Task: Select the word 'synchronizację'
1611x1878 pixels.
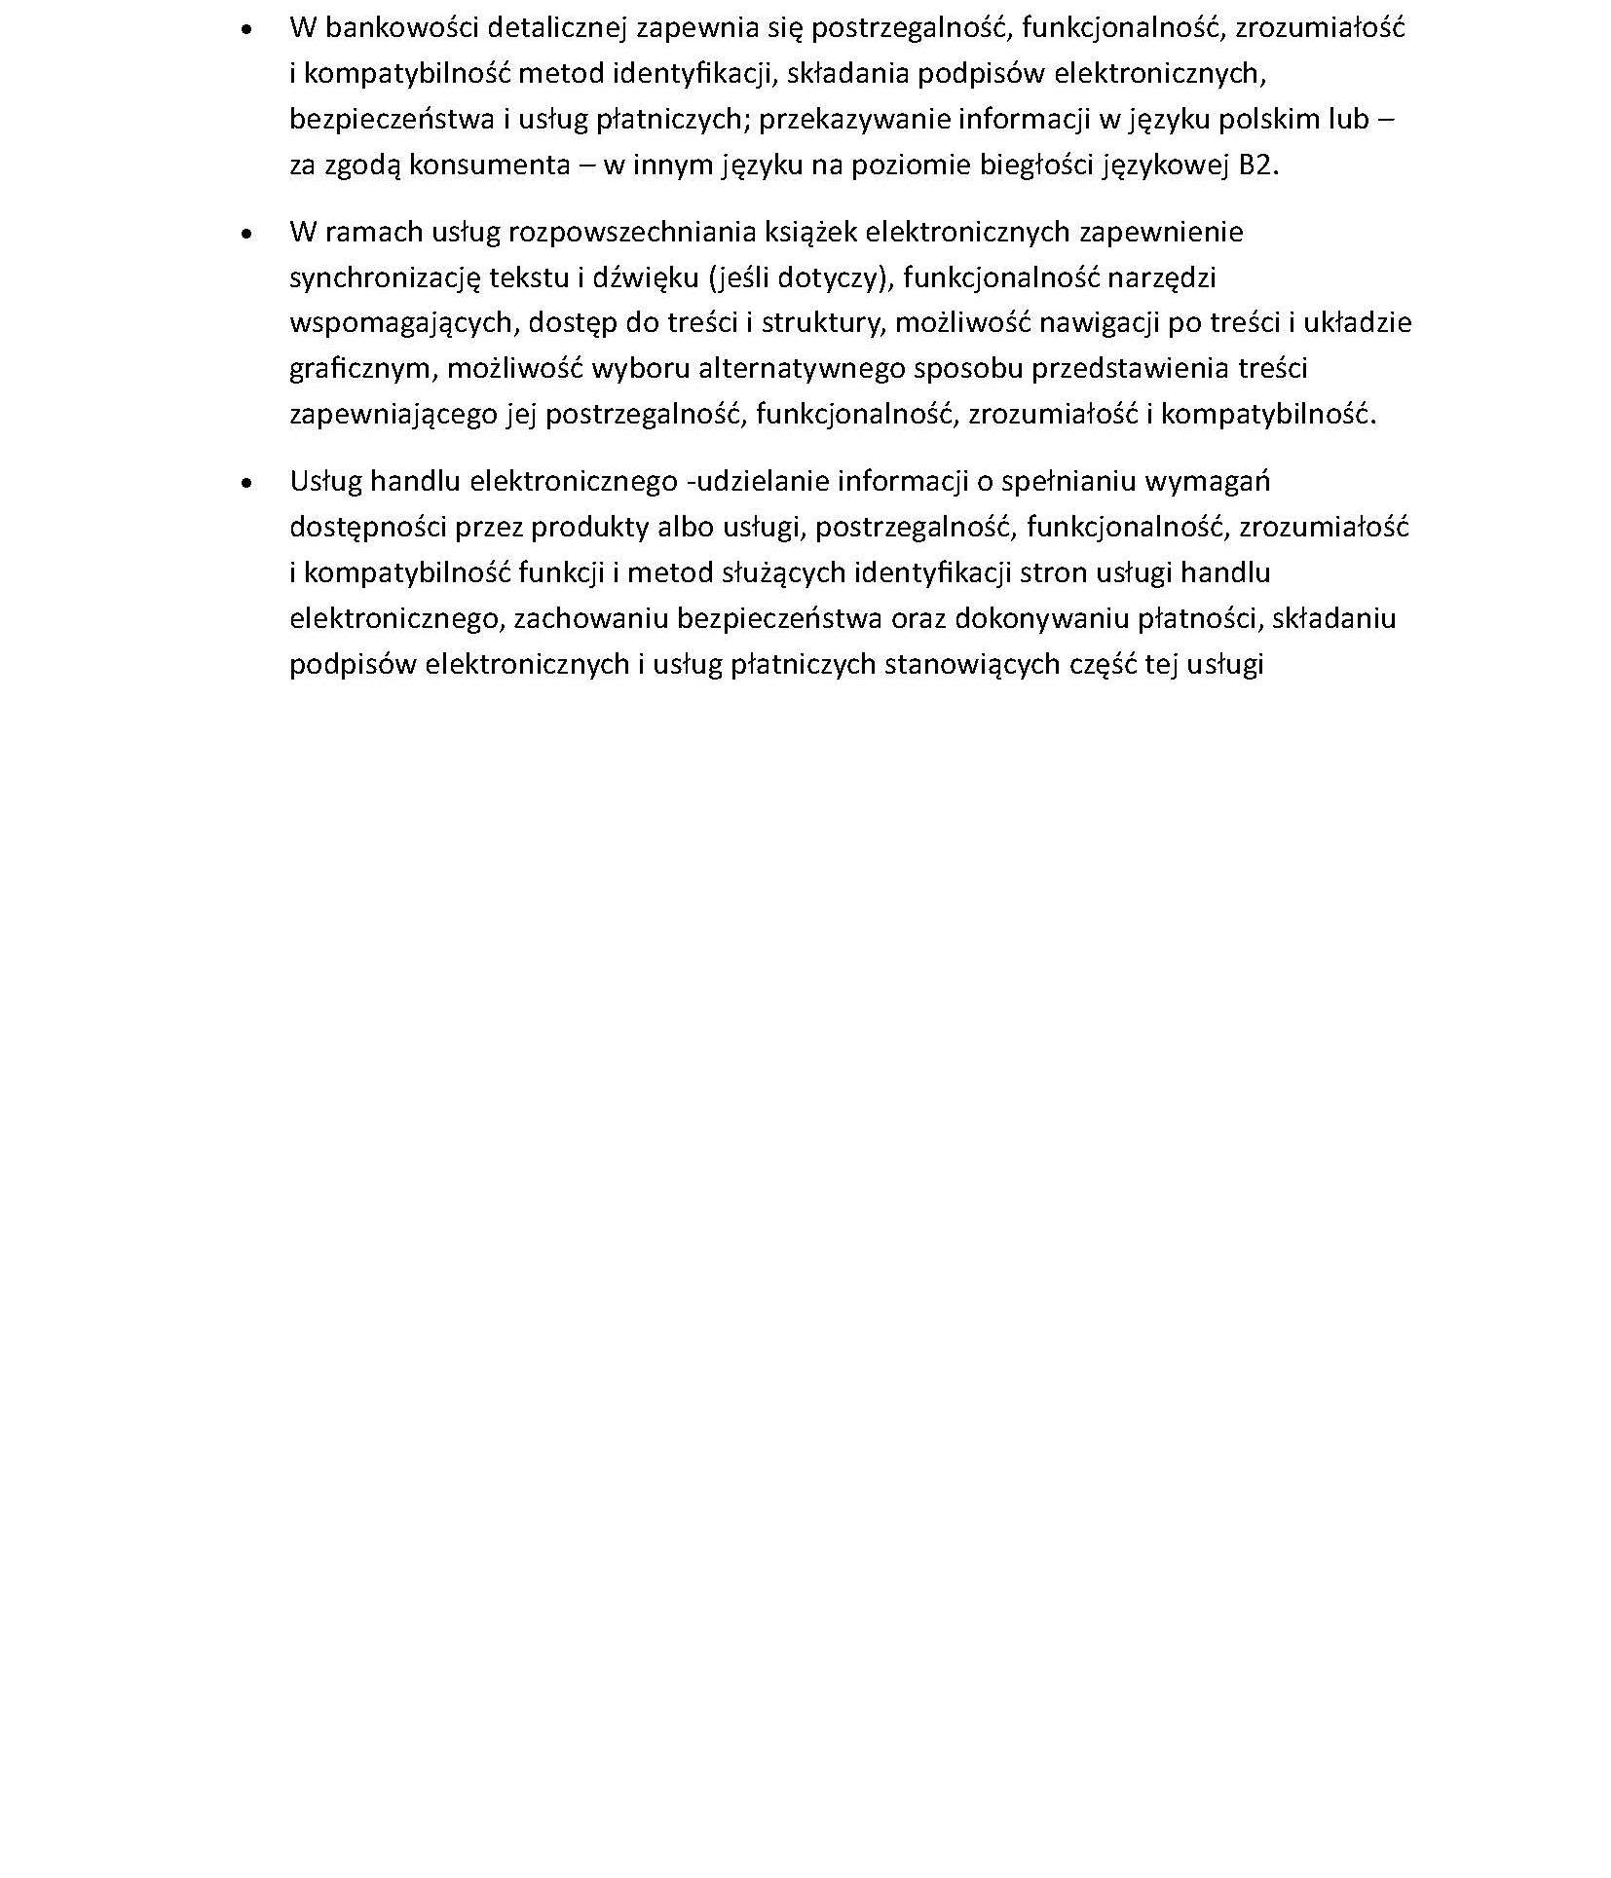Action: (x=385, y=277)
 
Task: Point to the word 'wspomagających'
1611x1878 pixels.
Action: (x=402, y=323)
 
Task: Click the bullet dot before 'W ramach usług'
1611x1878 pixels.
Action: (x=248, y=234)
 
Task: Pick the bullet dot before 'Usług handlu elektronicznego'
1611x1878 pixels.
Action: (x=248, y=483)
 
